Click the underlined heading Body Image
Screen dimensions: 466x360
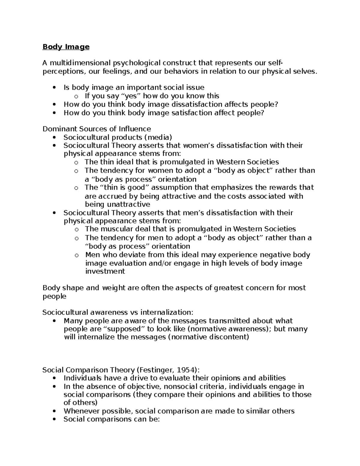[x=66, y=47]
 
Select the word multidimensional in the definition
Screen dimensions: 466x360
[x=80, y=63]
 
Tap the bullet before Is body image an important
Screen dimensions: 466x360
[x=54, y=88]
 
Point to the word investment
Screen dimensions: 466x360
[x=105, y=272]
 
